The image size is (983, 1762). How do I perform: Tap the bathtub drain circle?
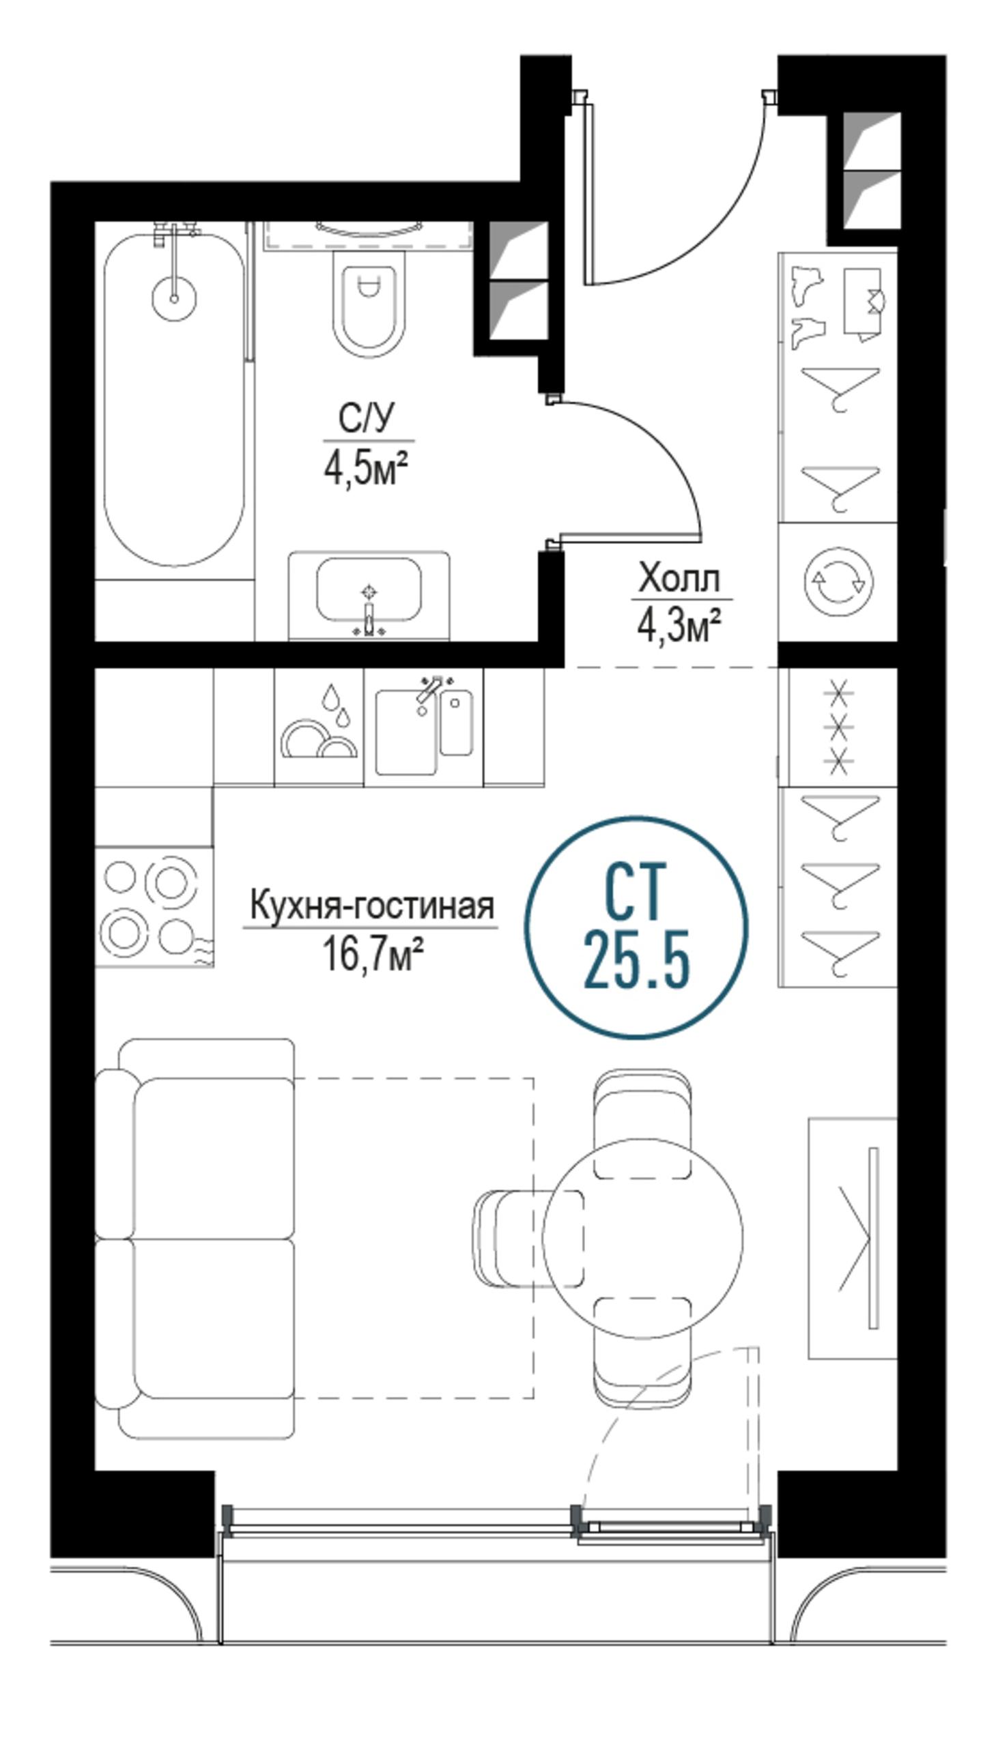pos(174,298)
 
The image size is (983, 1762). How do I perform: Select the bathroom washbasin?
pos(369,596)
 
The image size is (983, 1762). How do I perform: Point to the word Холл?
pos(679,579)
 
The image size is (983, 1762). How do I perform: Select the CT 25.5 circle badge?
pos(636,927)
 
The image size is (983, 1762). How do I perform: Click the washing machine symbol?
pos(839,582)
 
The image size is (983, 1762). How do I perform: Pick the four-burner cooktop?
pos(154,906)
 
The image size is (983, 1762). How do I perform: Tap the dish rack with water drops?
pos(319,726)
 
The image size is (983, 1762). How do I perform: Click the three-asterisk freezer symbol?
pos(839,727)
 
